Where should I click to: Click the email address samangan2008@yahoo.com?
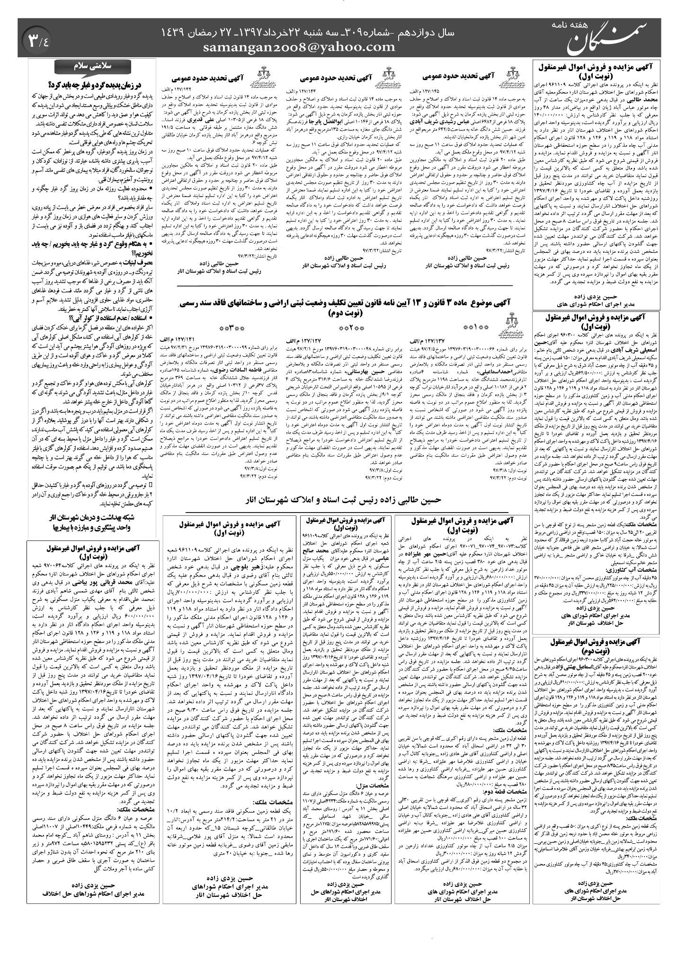[299, 46]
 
